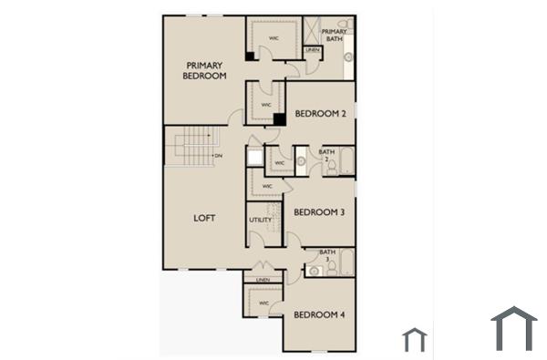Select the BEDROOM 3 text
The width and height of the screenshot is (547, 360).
pyautogui.click(x=319, y=212)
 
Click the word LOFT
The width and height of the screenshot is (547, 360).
pyautogui.click(x=204, y=219)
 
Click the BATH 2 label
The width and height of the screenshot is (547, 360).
pyautogui.click(x=326, y=154)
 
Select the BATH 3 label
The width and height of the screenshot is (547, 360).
pyautogui.click(x=326, y=255)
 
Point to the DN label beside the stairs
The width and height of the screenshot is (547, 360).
pyautogui.click(x=219, y=156)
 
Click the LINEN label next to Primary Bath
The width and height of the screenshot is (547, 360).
pyautogui.click(x=313, y=49)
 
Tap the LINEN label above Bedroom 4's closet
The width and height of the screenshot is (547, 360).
pyautogui.click(x=263, y=280)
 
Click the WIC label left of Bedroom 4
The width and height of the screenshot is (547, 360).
pyautogui.click(x=263, y=302)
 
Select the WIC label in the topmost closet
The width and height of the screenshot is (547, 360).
pyautogui.click(x=273, y=37)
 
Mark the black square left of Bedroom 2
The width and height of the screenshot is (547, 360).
pyautogui.click(x=280, y=118)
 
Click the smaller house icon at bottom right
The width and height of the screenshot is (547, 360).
pyautogui.click(x=415, y=340)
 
